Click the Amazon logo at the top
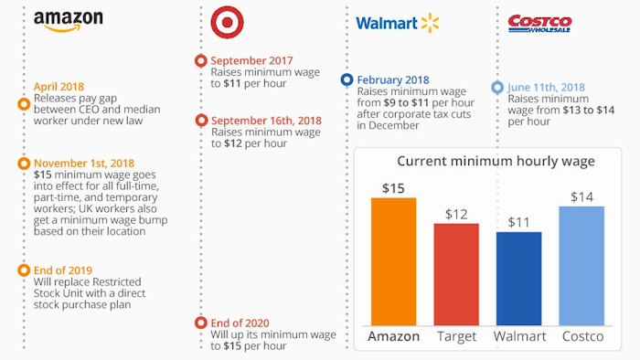pos(68,21)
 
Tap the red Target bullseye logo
pos(227,21)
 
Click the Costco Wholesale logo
pos(539,23)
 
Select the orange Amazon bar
pos(393,261)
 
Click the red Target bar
pos(456,274)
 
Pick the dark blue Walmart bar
pos(518,278)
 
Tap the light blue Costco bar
pos(581,265)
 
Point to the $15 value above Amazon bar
pos(393,188)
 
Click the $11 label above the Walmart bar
pos(518,222)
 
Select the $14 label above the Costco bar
pos(581,196)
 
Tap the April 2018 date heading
pos(59,87)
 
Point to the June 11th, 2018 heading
pos(548,88)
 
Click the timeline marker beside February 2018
pos(347,79)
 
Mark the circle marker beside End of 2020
pos(201,323)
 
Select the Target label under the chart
pos(456,336)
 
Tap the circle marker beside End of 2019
pos(23,270)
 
